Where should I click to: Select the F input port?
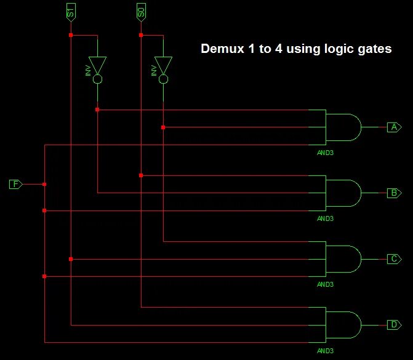coord(16,184)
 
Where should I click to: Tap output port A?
coord(394,127)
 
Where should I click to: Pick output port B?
coord(394,193)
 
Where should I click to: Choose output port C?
coord(394,258)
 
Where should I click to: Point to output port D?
coord(394,324)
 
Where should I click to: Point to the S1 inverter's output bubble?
coord(97,80)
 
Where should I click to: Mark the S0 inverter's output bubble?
coord(163,80)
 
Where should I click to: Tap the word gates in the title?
coord(373,50)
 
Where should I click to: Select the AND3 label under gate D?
coord(325,350)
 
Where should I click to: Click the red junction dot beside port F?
coord(44,184)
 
